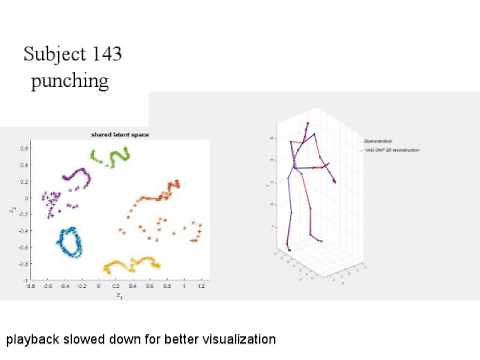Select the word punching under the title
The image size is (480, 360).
coord(68,80)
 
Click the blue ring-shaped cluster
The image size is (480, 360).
coord(70,243)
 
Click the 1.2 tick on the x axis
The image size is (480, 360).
coord(201,286)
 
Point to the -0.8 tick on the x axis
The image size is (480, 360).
coord(31,286)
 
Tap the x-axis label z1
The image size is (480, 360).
coord(117,295)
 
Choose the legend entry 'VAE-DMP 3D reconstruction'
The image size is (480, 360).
coord(391,150)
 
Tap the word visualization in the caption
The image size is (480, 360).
coord(237,339)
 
